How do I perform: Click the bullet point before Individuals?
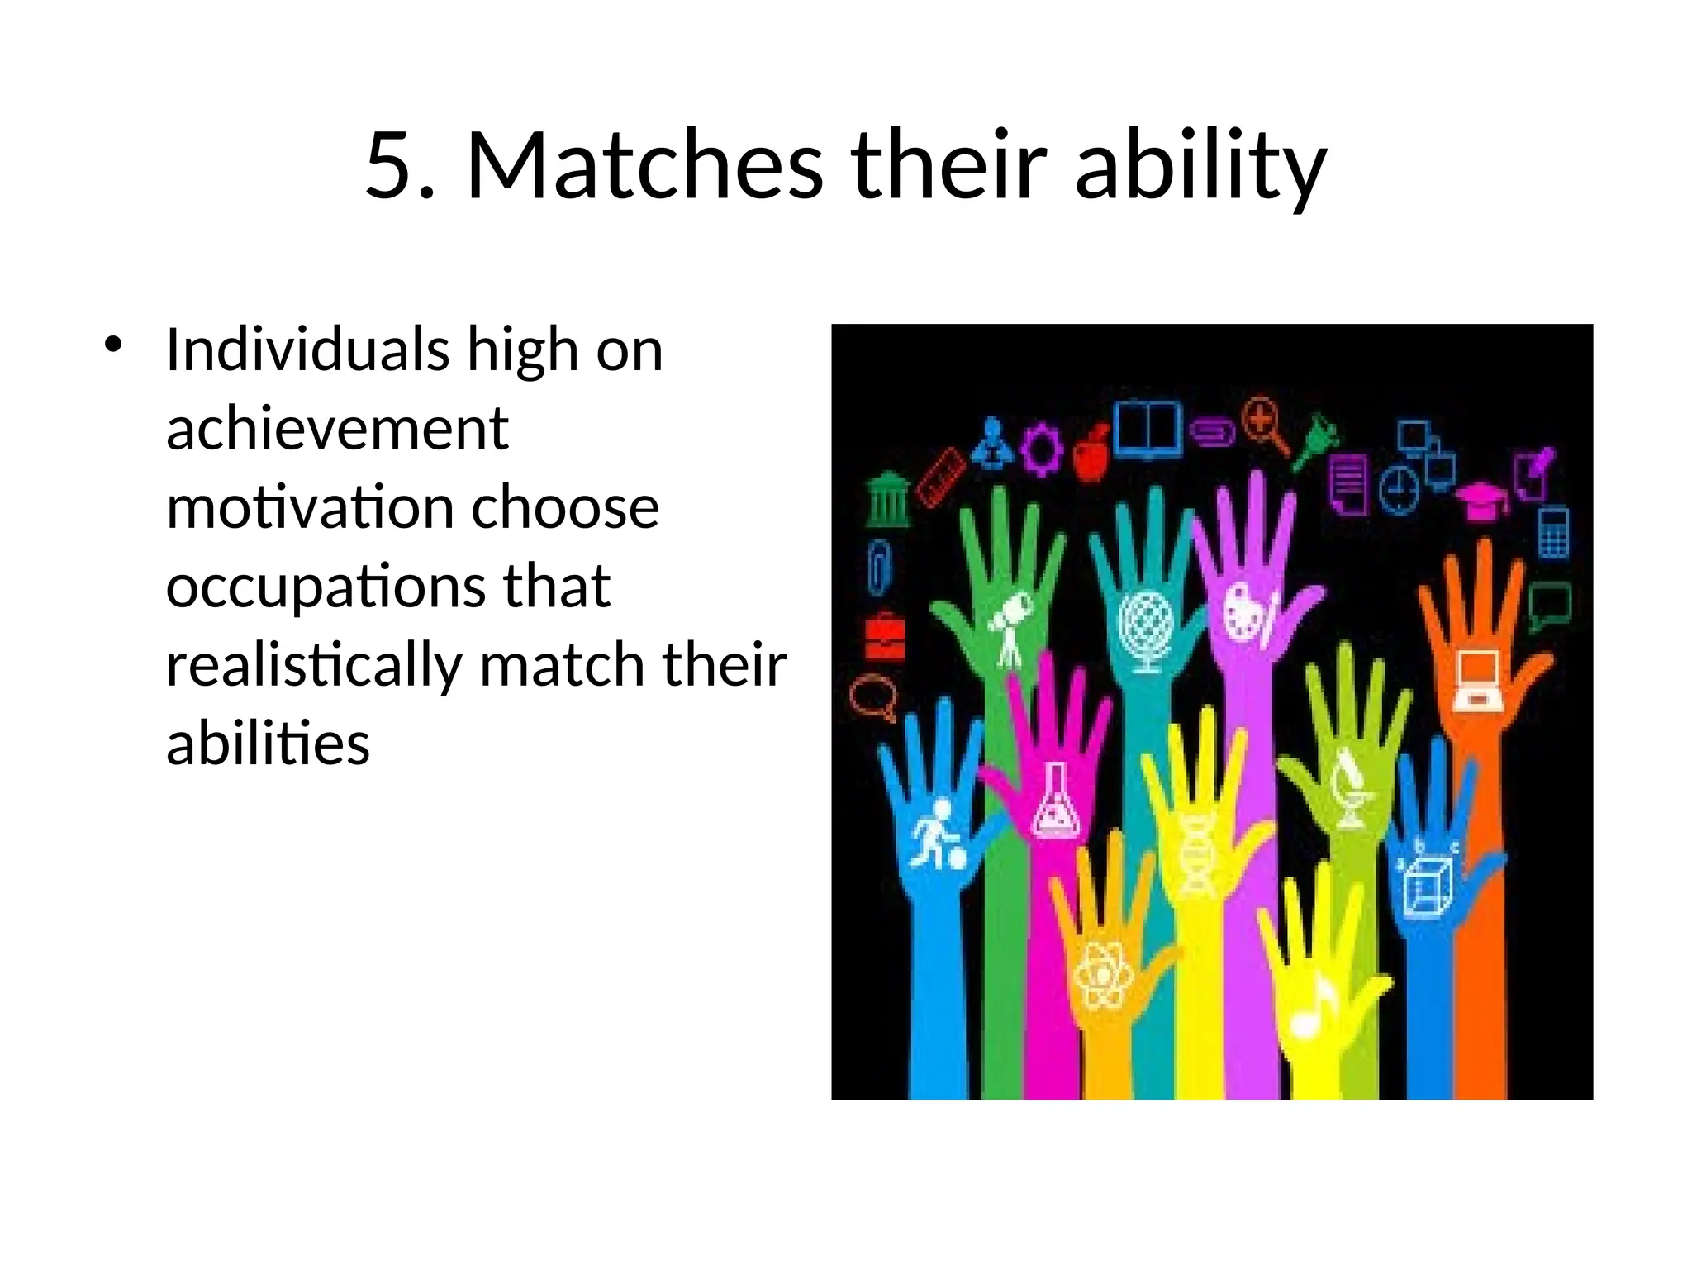pyautogui.click(x=113, y=345)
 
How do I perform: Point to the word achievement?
pyautogui.click(x=337, y=429)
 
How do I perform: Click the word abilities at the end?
pyautogui.click(x=268, y=743)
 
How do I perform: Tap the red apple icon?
pyautogui.click(x=1092, y=453)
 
